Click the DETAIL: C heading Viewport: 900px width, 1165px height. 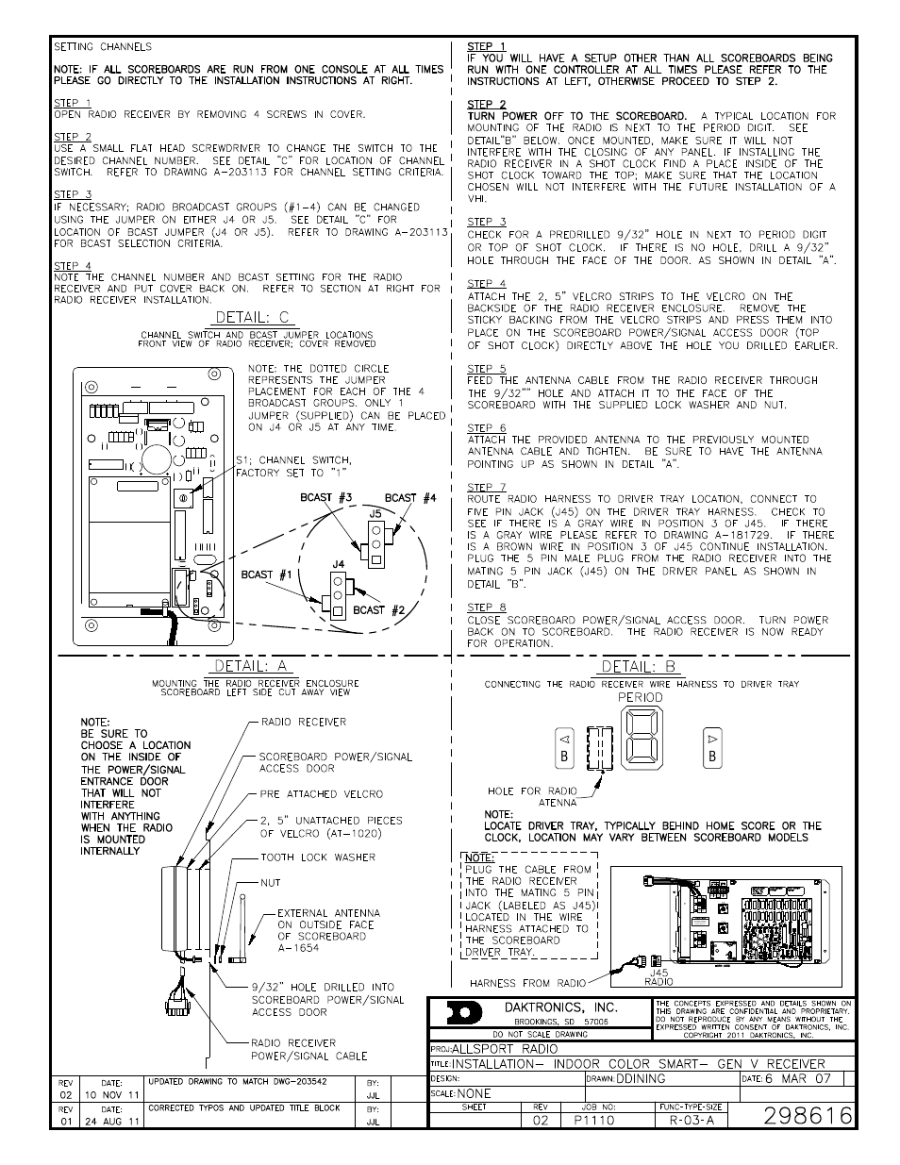(253, 318)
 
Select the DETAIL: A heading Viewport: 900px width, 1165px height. (250, 666)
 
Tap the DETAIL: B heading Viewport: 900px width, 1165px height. (640, 667)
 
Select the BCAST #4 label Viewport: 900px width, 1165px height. (410, 497)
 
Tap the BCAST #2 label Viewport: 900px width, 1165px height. (378, 609)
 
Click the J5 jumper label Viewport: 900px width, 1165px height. (375, 515)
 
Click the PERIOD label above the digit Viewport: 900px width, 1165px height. (641, 697)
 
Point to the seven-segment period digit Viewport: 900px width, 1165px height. (641, 744)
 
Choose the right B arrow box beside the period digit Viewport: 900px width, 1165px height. (712, 745)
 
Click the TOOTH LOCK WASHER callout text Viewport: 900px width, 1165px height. (318, 857)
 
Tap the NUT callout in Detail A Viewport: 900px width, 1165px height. (271, 883)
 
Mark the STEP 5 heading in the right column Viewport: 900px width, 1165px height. (487, 369)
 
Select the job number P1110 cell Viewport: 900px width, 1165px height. (593, 1120)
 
